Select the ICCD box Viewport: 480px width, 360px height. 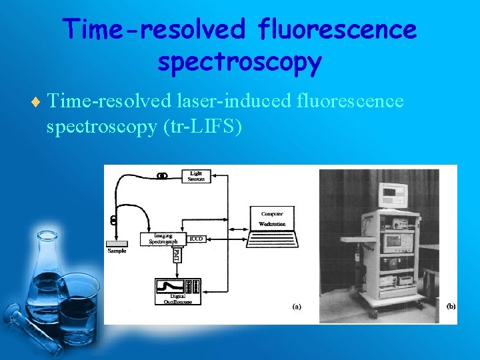(x=196, y=238)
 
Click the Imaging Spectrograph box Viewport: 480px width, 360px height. (x=163, y=239)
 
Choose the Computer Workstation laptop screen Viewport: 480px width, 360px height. (x=272, y=219)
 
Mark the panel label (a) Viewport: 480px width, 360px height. (x=297, y=307)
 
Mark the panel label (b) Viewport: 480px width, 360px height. (x=450, y=307)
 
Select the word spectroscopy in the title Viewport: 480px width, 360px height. (x=240, y=62)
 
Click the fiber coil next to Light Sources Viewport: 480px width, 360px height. (x=162, y=176)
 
